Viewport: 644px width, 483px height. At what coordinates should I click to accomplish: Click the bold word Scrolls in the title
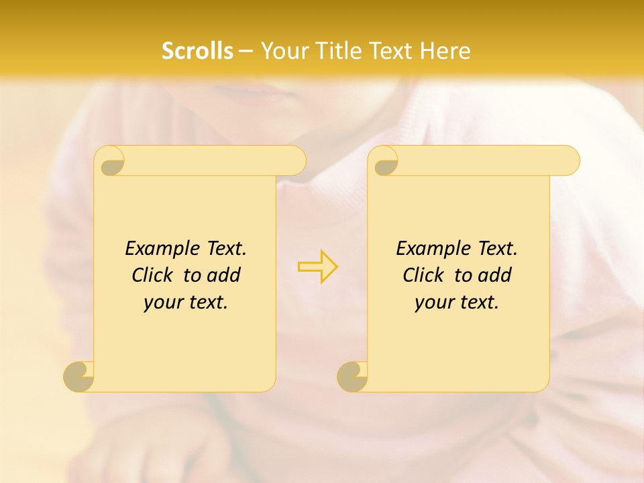(x=197, y=51)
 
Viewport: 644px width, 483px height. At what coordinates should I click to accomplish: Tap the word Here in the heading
(x=445, y=51)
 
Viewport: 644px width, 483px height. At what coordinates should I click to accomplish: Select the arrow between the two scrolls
(x=317, y=266)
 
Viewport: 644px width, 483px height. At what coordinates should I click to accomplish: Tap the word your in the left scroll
(x=163, y=303)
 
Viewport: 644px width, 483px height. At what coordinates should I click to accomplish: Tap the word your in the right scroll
(x=434, y=303)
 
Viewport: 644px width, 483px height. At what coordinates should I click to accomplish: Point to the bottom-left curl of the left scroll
(x=78, y=376)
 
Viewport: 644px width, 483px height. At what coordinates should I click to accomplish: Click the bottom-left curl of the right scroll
(x=352, y=376)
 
